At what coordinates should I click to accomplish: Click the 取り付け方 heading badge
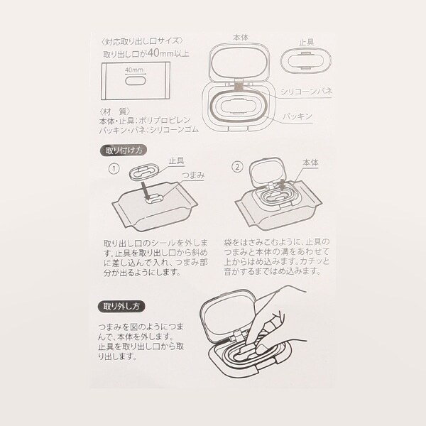[124, 151]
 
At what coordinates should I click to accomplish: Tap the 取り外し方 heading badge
[121, 307]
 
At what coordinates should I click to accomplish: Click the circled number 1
[114, 169]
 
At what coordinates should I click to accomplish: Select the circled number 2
[237, 167]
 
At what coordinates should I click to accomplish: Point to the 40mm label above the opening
[134, 70]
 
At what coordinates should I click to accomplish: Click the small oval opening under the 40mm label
[136, 81]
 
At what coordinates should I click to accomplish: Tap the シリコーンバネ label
[306, 92]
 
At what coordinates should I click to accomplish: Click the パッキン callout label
[297, 116]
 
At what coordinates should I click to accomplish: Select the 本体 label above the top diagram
[241, 38]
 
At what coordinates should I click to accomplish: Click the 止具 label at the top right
[307, 42]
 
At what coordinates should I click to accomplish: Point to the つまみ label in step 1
[193, 175]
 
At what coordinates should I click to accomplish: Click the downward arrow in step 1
[145, 192]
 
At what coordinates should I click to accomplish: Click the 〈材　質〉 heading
[115, 111]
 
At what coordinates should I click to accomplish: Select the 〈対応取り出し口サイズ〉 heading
[141, 41]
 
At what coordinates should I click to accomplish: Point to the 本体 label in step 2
[310, 163]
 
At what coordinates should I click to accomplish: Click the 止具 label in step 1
[177, 160]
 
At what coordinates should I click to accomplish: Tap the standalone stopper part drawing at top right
[306, 61]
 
